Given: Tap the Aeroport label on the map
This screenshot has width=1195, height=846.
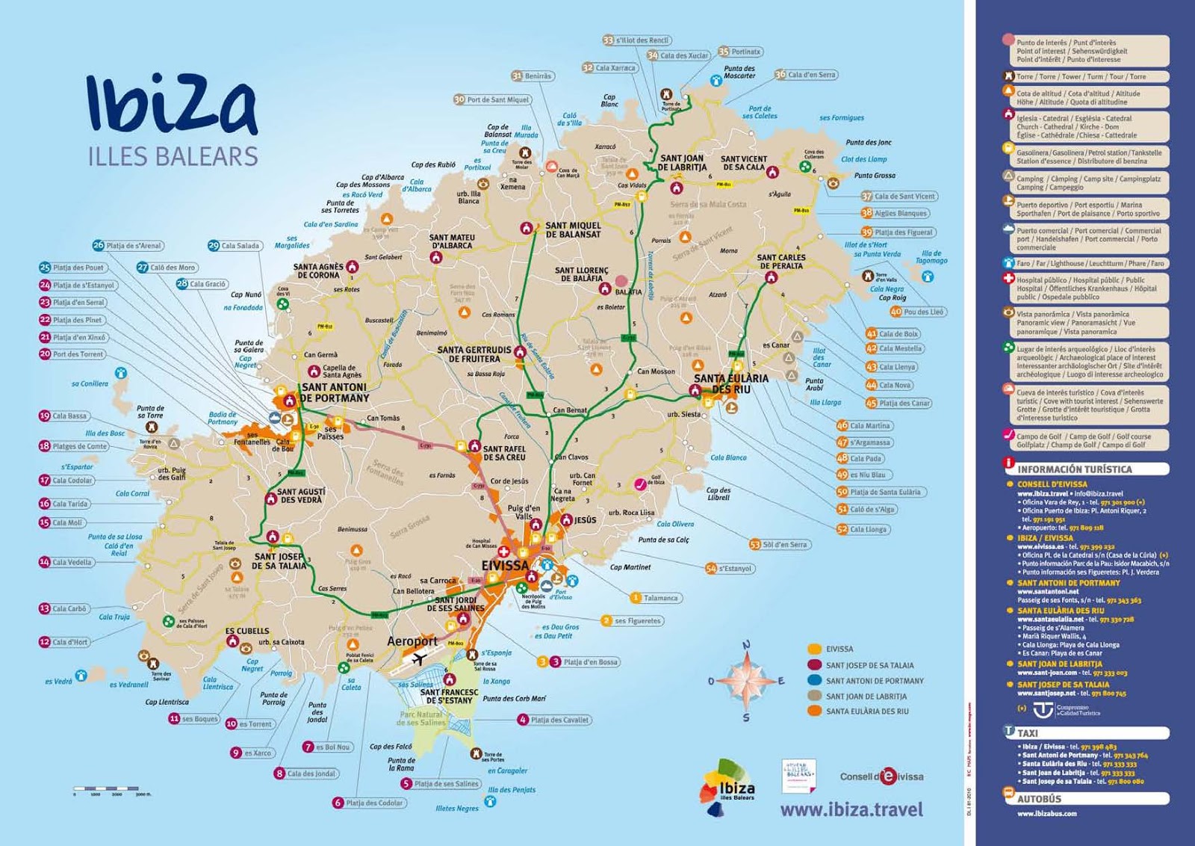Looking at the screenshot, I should point(412,641).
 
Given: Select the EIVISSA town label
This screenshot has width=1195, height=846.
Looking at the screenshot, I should point(505,566).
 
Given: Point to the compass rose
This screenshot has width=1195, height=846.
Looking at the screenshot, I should point(746,680).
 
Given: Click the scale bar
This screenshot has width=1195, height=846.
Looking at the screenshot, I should point(112,788).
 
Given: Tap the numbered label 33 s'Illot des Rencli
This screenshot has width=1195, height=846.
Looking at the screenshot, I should point(636,40).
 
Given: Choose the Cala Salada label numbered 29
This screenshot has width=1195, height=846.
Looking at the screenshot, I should point(235,246).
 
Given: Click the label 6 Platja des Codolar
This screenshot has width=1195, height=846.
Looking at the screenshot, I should point(369,803).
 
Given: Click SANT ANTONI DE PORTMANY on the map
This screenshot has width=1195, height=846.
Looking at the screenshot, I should point(335,392).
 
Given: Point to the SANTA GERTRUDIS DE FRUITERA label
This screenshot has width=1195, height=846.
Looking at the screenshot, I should point(474,354).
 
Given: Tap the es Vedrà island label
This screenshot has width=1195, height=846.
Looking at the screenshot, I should point(58,681).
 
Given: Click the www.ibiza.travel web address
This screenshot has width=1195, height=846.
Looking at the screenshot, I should point(851,809).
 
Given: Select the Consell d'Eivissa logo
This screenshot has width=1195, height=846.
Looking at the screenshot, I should point(881,776).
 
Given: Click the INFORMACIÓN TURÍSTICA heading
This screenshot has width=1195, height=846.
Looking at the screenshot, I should point(1074,469).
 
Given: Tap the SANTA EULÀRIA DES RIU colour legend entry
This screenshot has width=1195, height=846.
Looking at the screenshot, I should point(866,711).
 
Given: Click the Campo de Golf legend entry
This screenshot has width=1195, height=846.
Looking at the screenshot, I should point(1083,441).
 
